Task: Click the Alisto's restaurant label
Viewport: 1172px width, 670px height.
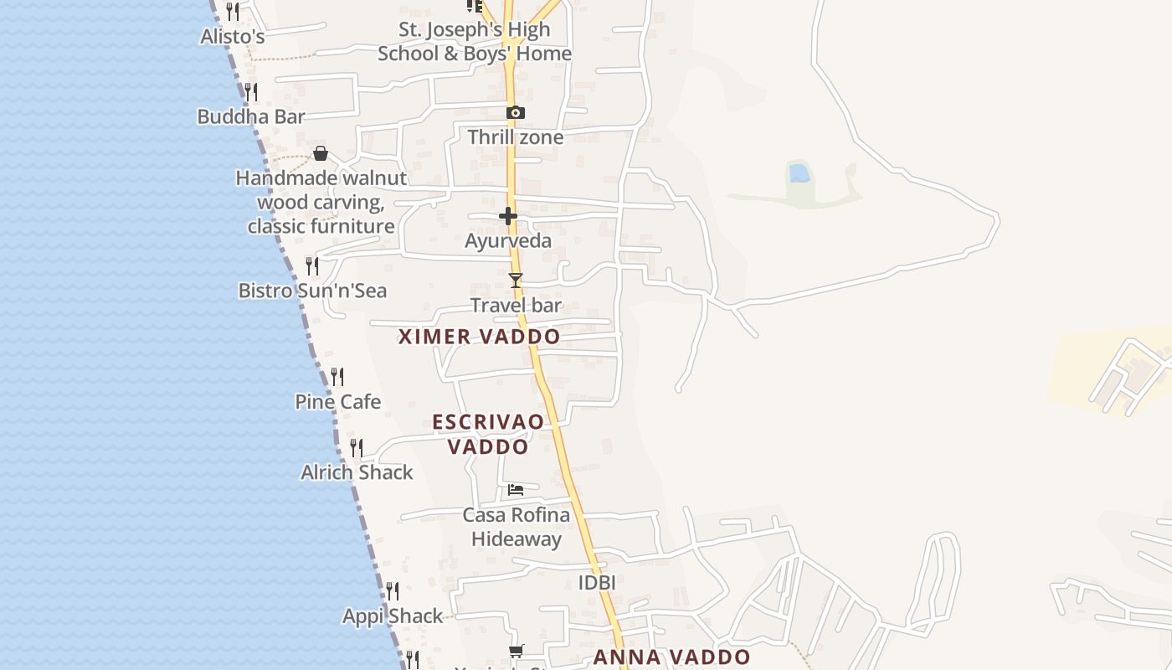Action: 233,36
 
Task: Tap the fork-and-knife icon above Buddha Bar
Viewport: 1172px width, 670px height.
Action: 250,91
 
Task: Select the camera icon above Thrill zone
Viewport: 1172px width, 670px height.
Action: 516,113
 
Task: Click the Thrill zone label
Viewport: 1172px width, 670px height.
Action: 516,137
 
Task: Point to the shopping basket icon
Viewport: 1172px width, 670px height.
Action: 321,153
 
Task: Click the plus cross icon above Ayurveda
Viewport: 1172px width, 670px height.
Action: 508,217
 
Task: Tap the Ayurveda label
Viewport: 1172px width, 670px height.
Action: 508,241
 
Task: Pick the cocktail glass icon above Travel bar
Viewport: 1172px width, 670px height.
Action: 516,281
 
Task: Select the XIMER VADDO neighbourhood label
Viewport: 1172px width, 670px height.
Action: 479,337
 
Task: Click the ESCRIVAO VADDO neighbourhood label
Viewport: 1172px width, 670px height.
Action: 488,434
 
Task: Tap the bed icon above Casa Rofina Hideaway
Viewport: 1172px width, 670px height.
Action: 516,489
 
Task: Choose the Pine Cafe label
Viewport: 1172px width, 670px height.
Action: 337,402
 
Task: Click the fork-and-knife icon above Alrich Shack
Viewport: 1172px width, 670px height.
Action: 357,448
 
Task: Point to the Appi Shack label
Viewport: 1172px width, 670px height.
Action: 393,616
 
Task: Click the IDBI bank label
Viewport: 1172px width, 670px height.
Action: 597,582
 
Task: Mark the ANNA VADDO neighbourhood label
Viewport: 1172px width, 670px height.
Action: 672,657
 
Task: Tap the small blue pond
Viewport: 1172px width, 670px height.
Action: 799,173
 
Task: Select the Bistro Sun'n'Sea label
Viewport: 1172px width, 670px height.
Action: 313,291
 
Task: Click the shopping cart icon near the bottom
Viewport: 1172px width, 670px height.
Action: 517,651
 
